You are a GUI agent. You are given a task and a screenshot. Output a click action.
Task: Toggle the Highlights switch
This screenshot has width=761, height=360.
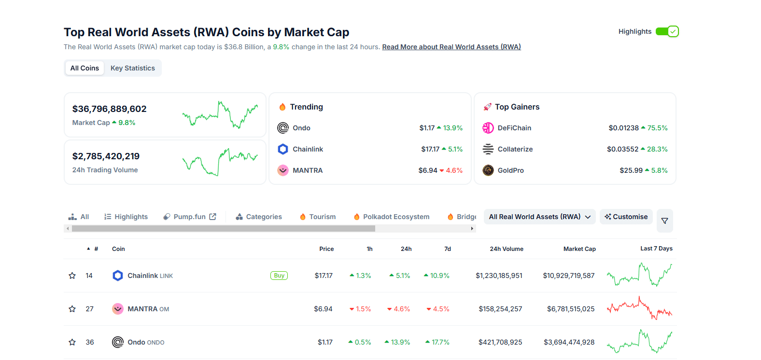667,32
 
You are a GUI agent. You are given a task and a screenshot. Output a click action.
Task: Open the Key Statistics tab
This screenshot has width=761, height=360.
133,68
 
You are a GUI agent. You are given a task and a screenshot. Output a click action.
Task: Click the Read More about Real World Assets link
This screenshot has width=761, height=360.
451,47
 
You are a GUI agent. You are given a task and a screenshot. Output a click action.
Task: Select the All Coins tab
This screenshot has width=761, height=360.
85,68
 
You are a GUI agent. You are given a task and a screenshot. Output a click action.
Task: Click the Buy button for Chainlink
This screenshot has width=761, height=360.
279,276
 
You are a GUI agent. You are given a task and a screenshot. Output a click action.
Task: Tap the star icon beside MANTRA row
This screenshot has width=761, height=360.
72,309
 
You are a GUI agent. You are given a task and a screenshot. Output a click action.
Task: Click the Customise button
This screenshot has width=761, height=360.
626,217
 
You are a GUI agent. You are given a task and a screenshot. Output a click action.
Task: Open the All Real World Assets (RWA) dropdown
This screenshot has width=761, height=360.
539,217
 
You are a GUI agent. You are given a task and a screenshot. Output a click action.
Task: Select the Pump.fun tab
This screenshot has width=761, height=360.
190,217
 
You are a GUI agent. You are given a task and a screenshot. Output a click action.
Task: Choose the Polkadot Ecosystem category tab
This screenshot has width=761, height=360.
392,217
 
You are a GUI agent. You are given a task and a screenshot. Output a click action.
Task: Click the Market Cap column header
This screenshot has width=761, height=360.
579,249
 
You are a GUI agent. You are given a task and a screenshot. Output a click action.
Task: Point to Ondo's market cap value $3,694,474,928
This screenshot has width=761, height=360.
569,342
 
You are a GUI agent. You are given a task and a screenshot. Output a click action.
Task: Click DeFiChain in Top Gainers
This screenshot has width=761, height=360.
514,128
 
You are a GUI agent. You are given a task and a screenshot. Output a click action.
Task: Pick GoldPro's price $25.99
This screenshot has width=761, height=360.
631,170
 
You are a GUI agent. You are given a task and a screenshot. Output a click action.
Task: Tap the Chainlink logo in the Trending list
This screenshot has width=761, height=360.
283,149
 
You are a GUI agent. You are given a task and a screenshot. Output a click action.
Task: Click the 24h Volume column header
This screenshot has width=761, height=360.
507,249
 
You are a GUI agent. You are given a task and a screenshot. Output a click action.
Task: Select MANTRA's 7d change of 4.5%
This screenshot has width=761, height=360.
438,309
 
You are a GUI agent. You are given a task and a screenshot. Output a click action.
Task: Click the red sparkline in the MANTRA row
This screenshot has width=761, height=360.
639,308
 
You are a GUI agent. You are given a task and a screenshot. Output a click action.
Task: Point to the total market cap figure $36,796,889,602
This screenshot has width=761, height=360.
110,109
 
